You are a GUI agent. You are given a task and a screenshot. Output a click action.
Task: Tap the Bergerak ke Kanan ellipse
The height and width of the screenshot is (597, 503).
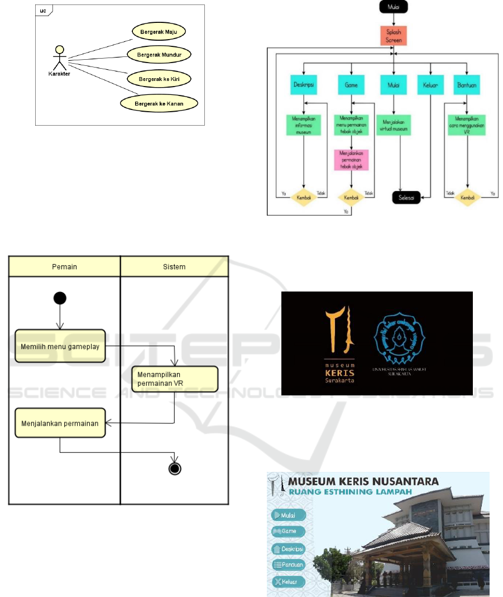point(159,103)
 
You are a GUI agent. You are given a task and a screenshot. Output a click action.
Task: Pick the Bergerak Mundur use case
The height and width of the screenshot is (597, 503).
point(159,55)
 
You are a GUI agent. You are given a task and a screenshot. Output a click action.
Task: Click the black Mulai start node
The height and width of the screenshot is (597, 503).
point(394,7)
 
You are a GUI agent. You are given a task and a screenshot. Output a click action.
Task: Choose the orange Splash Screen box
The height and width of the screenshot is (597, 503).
point(394,36)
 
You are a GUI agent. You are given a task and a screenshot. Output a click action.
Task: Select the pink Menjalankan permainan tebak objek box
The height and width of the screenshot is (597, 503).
point(351,159)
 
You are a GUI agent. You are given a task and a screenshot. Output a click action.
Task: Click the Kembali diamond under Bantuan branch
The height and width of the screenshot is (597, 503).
point(467,198)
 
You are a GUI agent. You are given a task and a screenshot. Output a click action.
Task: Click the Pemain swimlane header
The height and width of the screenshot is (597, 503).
point(64,267)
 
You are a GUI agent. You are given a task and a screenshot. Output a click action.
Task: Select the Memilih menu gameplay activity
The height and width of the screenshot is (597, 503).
point(60,346)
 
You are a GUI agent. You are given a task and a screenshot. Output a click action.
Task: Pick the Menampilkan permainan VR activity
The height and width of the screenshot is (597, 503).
point(175,379)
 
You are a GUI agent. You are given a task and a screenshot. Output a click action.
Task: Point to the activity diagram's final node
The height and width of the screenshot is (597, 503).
point(175,468)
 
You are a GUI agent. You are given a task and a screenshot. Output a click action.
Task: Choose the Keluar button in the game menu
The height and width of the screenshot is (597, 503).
point(289,581)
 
